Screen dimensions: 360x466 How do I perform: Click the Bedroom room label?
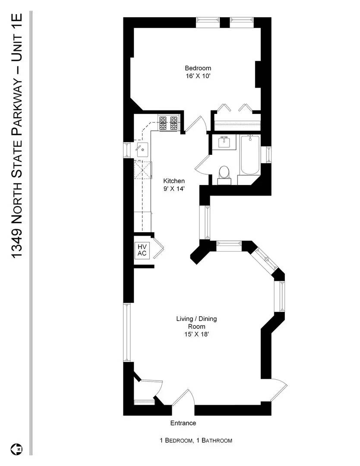[x=198, y=68]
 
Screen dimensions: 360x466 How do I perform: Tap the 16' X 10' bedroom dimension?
[x=198, y=76]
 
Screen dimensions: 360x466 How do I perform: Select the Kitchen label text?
[x=174, y=181]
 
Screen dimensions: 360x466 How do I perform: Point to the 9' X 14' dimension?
[x=174, y=189]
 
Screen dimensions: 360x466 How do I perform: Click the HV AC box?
[x=142, y=250]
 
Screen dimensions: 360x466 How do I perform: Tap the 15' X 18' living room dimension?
[x=196, y=334]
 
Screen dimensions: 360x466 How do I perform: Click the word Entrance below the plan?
[x=183, y=423]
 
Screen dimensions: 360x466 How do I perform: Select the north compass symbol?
[x=17, y=448]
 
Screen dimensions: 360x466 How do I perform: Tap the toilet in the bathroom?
[x=224, y=175]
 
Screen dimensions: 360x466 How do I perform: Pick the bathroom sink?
[x=224, y=142]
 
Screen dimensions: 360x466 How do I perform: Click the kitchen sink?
[x=142, y=149]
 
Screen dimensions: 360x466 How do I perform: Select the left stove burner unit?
[x=163, y=123]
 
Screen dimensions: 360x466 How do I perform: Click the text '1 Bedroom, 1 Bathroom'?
[x=196, y=441]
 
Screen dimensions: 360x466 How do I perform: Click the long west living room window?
[x=127, y=333]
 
